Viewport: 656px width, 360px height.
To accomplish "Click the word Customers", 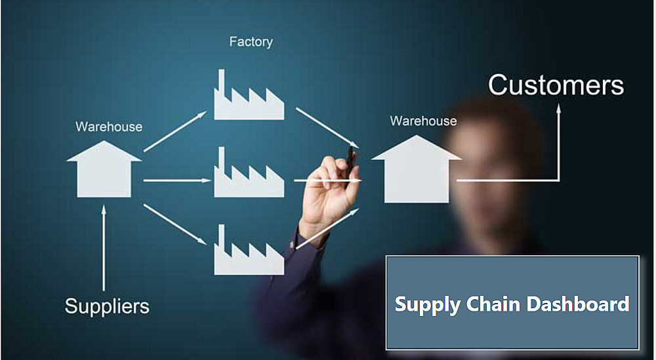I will click(556, 85).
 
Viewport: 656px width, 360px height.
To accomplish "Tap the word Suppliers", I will click(107, 306).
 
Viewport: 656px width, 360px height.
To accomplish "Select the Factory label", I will click(251, 42).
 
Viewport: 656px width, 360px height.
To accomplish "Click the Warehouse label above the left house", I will click(109, 127).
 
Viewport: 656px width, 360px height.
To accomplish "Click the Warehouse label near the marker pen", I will click(423, 121).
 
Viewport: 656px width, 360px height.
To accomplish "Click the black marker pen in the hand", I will click(352, 157).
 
